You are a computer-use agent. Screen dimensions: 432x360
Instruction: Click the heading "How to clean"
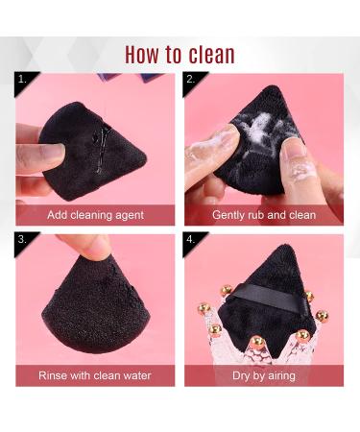coord(180,54)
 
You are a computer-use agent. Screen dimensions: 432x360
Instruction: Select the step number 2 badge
coord(191,79)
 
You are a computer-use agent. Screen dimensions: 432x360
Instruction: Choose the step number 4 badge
coord(191,238)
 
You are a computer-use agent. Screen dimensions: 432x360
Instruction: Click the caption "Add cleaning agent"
coord(95,215)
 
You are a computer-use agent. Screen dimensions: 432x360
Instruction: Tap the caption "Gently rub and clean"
coord(263,215)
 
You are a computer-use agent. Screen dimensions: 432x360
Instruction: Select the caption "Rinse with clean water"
coord(95,375)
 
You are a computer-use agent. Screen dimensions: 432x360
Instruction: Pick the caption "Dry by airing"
coord(263,375)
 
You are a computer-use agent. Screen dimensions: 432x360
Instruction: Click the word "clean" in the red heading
coord(209,54)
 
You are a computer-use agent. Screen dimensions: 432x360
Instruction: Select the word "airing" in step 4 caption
coord(279,375)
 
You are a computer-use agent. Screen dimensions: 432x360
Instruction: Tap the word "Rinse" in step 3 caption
coord(54,375)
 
